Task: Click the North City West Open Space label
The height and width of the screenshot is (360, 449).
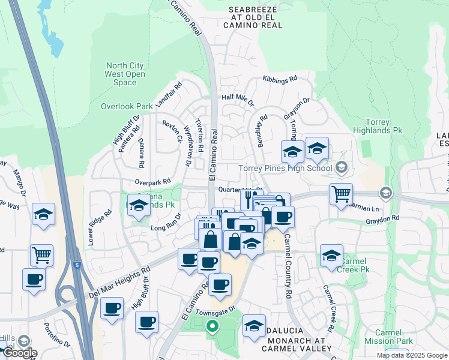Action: pos(125,74)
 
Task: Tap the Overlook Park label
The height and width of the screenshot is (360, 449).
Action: pos(127,106)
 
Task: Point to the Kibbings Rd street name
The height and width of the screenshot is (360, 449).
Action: pos(280,79)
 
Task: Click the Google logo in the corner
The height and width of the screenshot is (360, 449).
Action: pos(19,353)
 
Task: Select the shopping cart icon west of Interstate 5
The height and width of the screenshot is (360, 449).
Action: pos(41,255)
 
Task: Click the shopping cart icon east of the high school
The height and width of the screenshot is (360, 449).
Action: pos(341,194)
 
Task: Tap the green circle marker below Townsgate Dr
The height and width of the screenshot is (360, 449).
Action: pos(211,327)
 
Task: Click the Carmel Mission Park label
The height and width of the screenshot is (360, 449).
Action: pos(393,337)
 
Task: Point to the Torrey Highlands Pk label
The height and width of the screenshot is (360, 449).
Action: pos(391,126)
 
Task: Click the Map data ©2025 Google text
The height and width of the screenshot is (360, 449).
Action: pos(411,355)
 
